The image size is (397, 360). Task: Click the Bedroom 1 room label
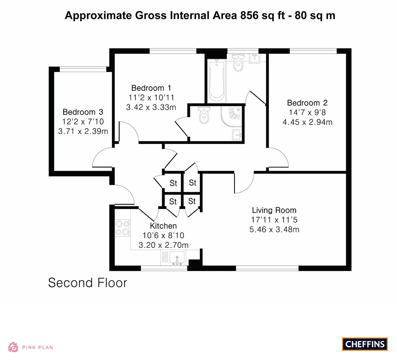[x=151, y=88]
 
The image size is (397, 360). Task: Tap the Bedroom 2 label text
[x=307, y=103]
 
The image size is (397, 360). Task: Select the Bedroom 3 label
[x=83, y=112]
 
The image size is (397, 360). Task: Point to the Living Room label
[x=274, y=210]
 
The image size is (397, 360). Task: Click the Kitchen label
[x=163, y=226]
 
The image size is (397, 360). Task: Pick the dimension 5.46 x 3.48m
[x=274, y=230]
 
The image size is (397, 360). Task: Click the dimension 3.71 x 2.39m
[x=83, y=131]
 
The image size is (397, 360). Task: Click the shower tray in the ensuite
[x=231, y=117]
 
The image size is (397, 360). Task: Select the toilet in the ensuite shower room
[x=204, y=115]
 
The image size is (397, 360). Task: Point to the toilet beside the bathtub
[x=238, y=62]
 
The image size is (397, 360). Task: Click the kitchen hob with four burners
[x=122, y=228]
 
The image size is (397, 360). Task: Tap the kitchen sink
[x=177, y=258]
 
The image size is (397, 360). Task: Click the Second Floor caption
[x=88, y=283]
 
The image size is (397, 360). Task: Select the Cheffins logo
[x=365, y=344]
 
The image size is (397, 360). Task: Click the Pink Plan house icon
[x=13, y=347]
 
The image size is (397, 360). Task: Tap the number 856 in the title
[x=249, y=15]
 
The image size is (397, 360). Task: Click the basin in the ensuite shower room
[x=237, y=135]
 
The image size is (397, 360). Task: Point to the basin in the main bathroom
[x=255, y=58]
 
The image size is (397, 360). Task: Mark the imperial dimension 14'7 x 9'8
[x=307, y=112]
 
